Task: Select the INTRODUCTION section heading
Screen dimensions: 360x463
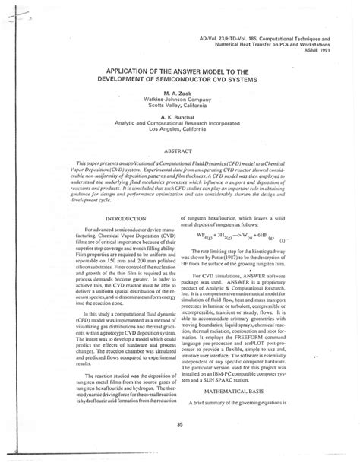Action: (105, 220)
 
